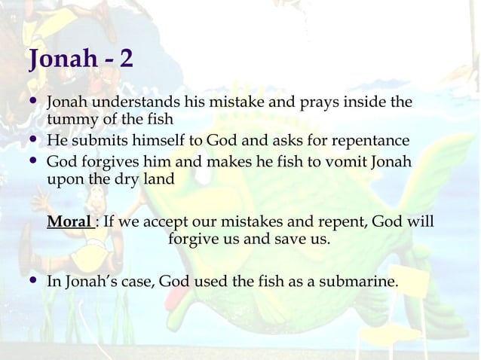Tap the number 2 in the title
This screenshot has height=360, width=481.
pos(126,59)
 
